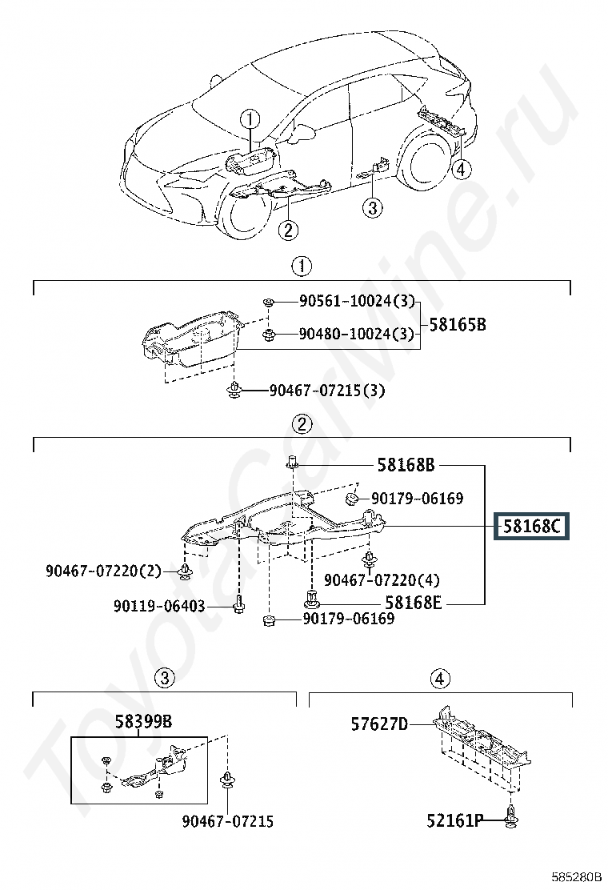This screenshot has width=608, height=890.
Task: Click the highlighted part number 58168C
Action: pos(532,527)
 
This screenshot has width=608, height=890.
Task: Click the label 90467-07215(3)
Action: pos(327,391)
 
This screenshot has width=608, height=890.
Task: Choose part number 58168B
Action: pos(406,464)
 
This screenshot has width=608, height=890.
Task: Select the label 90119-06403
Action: pos(159,607)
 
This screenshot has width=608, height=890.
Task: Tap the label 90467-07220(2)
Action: pos(103,571)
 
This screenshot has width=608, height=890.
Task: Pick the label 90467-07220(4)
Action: pos(382,579)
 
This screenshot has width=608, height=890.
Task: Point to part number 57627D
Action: pos(379,724)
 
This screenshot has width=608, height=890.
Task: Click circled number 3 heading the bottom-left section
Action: pos(163,679)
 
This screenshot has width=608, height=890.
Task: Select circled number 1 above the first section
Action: pos(301,266)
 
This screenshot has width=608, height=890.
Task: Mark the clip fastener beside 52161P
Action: pos(513,817)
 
